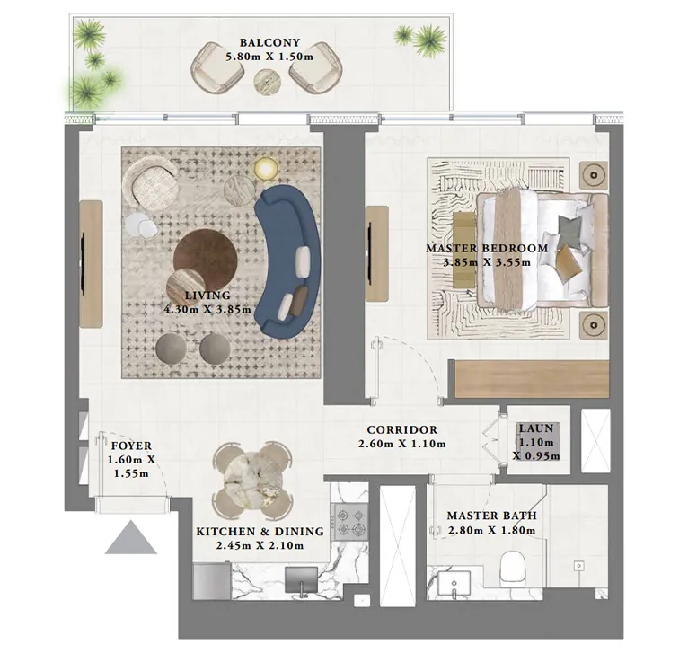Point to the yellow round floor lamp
coord(266,168)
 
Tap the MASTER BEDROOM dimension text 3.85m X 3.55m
coord(486,263)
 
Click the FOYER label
coord(131,446)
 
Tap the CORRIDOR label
coord(401,430)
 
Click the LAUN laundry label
coord(536,429)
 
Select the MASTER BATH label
coord(491,516)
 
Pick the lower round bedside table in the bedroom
coord(593,322)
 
